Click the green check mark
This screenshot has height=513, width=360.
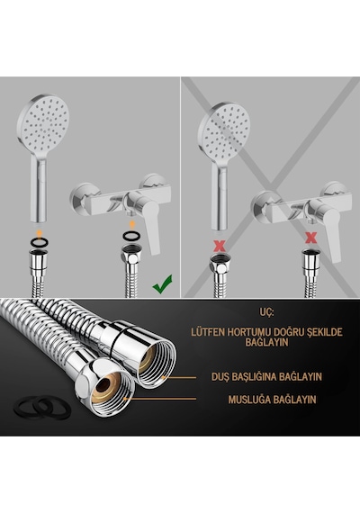tap(162, 284)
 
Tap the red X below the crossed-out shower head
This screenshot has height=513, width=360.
tap(220, 246)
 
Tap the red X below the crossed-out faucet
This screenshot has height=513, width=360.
tap(310, 238)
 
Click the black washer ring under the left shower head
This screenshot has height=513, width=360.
tap(39, 242)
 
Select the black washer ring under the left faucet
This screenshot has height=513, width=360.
tap(132, 235)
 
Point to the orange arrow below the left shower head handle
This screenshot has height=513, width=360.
tap(39, 232)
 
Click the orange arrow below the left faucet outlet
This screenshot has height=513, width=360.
tap(132, 224)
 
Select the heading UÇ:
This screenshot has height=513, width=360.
tap(266, 311)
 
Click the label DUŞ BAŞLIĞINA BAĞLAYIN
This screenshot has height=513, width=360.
tap(266, 376)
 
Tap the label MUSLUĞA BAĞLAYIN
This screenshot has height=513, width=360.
tap(273, 400)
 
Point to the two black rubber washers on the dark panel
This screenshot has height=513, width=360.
tap(42, 408)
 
